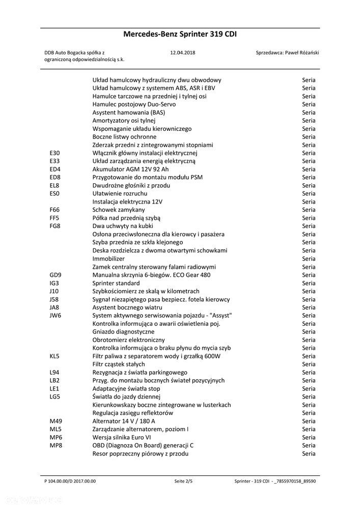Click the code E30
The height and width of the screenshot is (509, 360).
[55, 153]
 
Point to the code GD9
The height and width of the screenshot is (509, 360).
[56, 275]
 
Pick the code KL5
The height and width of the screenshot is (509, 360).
[55, 356]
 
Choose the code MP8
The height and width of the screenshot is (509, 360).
[56, 445]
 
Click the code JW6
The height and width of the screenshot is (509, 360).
[56, 316]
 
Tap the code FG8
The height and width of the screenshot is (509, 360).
[55, 226]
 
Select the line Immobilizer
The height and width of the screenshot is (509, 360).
[108, 259]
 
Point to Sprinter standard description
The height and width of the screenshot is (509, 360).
[116, 283]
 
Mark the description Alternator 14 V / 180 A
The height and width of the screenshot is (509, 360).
[130, 421]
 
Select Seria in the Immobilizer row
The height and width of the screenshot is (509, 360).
[309, 259]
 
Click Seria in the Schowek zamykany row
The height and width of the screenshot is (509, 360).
[309, 210]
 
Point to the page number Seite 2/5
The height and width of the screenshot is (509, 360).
[183, 480]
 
